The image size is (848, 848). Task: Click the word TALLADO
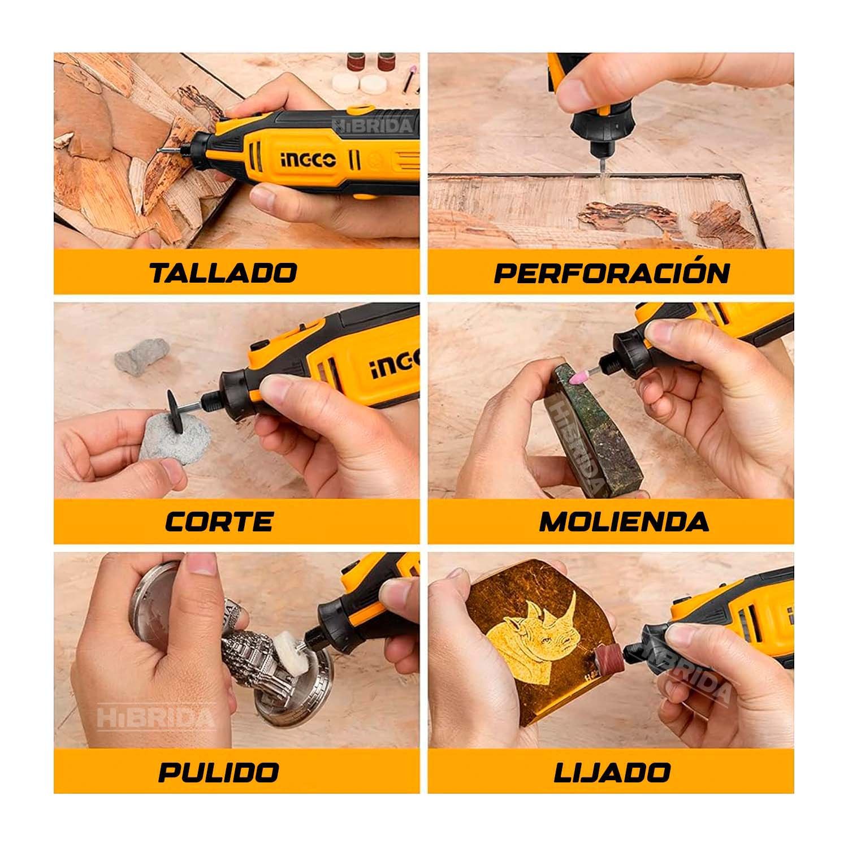[223, 272]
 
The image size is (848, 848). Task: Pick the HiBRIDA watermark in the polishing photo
[156, 716]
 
